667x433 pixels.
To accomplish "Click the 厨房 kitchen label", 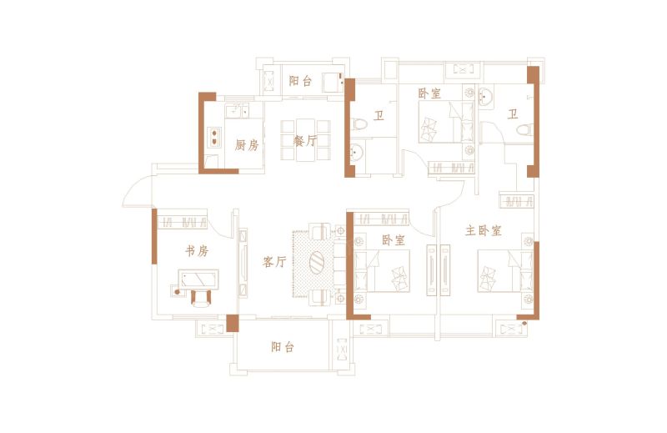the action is click(247, 145).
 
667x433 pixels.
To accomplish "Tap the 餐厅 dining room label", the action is click(305, 141).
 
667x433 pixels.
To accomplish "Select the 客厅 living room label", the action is click(274, 262).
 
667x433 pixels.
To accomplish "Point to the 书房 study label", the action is click(197, 251).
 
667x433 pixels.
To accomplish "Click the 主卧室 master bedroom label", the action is click(484, 231).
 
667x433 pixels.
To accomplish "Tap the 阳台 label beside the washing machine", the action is click(300, 81).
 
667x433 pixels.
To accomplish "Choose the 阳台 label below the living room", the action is click(283, 347).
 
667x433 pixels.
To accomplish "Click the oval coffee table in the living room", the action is click(317, 263).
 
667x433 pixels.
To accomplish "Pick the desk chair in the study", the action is click(201, 297).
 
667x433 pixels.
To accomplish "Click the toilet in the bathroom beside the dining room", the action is click(359, 124).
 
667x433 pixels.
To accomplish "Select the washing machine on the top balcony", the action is click(333, 82).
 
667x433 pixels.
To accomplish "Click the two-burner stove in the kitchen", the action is click(214, 137).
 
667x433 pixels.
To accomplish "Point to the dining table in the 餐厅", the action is click(305, 140).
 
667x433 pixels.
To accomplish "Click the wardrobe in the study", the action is click(182, 221).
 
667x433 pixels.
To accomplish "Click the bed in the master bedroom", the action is click(505, 271).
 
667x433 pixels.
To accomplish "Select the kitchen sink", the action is click(238, 111).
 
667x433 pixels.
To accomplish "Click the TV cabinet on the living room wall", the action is click(243, 263).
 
